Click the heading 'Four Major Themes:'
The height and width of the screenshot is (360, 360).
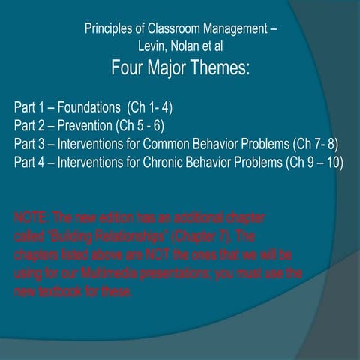tap(180, 70)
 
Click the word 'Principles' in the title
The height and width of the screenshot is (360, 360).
tap(111, 31)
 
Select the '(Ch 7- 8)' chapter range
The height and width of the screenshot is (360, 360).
tap(318, 143)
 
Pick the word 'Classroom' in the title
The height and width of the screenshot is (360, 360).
tap(168, 31)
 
